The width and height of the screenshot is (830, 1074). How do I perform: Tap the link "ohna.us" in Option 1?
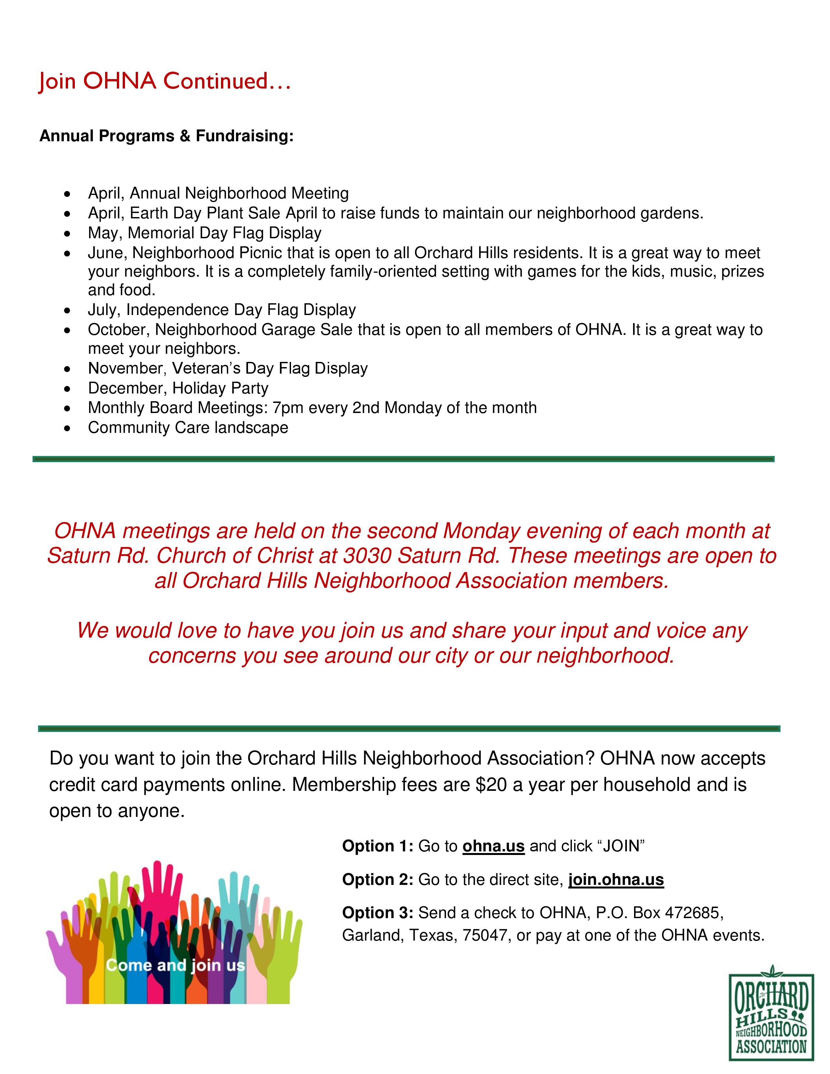point(493,846)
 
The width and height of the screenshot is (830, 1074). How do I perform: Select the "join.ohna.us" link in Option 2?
point(616,879)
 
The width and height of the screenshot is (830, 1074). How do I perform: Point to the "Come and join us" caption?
point(175,965)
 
